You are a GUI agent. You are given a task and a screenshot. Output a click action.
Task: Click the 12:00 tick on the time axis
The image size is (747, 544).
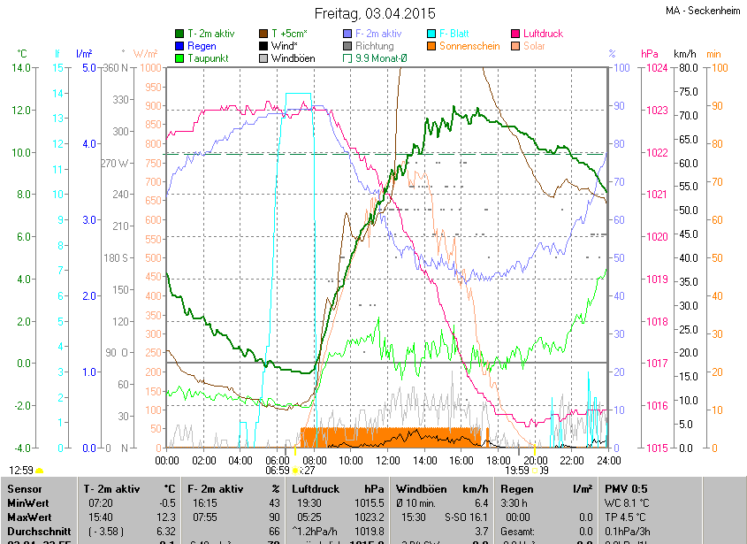388,460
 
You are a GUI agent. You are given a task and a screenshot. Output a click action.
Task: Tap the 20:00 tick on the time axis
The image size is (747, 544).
535,460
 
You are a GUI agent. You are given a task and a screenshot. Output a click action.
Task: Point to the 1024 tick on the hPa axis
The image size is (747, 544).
655,68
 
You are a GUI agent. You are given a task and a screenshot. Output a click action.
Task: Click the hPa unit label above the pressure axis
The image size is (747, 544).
649,54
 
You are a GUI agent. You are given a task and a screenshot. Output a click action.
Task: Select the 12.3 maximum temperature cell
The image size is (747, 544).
166,517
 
